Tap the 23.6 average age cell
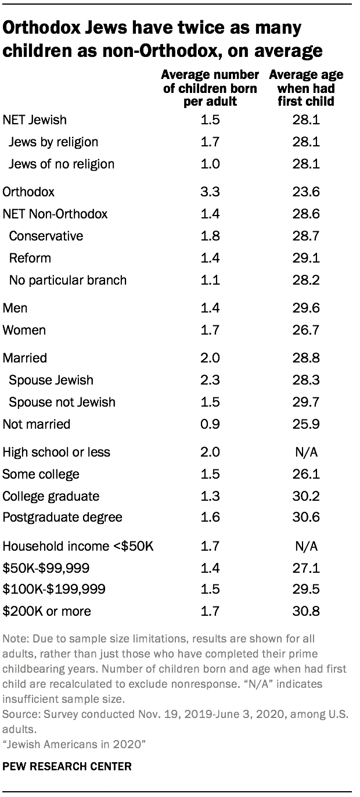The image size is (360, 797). coord(306,192)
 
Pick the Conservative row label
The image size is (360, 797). coord(46,236)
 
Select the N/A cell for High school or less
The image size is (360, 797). coord(306,452)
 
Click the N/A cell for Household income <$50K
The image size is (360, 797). coord(306,546)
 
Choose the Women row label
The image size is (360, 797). coord(24,330)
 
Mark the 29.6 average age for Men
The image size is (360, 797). coord(306,308)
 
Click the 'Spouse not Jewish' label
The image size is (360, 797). coord(62,402)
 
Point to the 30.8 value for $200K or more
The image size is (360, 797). coord(306,611)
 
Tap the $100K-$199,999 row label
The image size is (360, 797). coord(53,589)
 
